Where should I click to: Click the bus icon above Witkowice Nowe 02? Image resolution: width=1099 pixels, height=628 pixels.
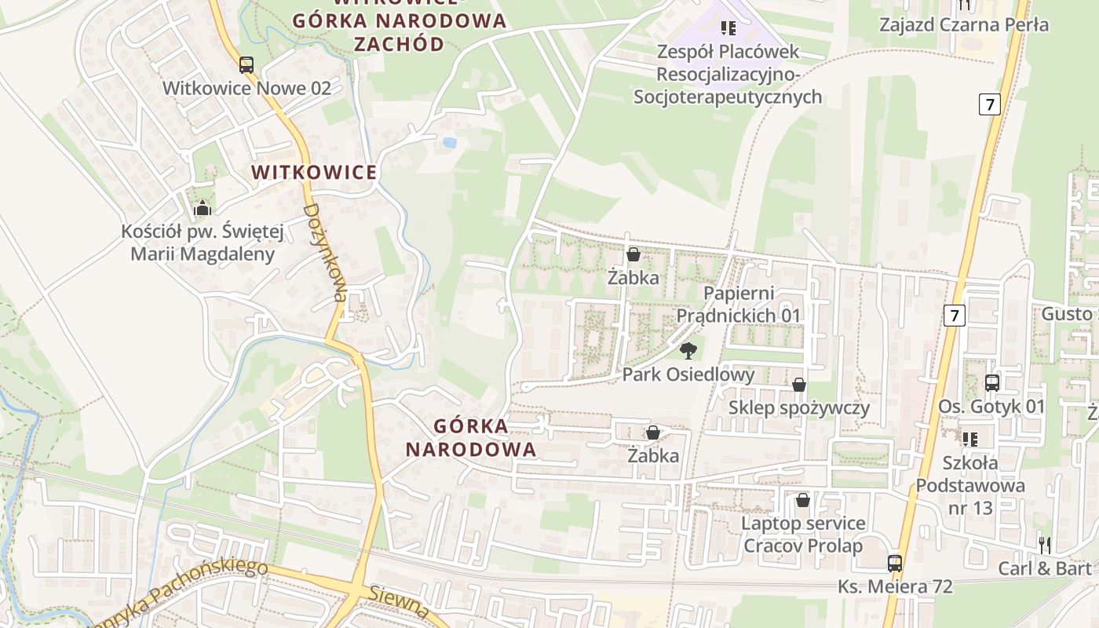(246, 65)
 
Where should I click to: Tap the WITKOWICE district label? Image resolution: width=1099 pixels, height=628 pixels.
(314, 172)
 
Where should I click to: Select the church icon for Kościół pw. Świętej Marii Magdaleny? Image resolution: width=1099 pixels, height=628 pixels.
(203, 208)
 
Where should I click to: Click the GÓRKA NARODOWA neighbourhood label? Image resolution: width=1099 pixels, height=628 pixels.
(485, 438)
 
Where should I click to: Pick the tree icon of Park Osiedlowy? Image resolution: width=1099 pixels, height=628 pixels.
(688, 351)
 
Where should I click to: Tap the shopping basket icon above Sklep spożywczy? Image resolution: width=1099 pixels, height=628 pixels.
(798, 385)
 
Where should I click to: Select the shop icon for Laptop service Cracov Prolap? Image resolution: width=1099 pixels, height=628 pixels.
(802, 500)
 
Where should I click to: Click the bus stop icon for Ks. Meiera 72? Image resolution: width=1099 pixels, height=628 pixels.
(894, 563)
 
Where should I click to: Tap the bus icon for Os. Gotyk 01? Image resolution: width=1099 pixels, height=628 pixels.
(992, 383)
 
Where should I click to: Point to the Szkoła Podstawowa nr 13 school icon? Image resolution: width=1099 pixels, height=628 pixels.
(970, 439)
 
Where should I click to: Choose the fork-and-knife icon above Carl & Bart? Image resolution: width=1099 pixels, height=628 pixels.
(1044, 545)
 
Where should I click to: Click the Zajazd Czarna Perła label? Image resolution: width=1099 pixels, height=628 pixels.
(963, 24)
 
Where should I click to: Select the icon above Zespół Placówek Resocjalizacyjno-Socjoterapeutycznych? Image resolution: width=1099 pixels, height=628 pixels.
(728, 28)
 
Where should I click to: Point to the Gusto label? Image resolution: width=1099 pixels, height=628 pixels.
(1066, 314)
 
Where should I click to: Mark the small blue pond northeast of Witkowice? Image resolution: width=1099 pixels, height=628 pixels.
(449, 143)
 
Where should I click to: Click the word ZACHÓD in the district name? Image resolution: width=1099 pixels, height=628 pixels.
(399, 43)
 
